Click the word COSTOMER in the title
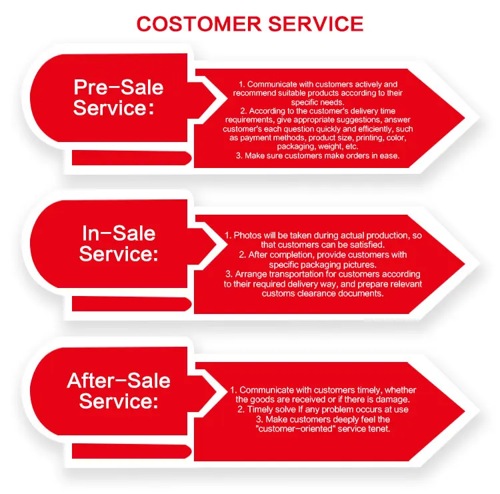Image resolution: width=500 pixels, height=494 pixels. click(199, 24)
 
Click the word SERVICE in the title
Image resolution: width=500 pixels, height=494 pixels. click(316, 24)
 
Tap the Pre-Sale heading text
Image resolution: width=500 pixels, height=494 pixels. click(118, 87)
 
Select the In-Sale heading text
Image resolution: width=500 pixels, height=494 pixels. click(119, 233)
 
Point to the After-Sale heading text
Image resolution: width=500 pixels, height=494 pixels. click(119, 381)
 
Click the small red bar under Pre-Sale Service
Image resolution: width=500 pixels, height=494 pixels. click(131, 158)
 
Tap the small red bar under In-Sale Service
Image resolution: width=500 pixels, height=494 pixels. click(131, 304)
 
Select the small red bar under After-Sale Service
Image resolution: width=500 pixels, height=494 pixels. click(131, 451)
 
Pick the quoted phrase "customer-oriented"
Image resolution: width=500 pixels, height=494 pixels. click(295, 429)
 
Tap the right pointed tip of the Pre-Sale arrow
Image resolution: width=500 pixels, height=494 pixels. click(465, 118)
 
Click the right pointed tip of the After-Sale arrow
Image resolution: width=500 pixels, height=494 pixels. click(465, 411)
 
